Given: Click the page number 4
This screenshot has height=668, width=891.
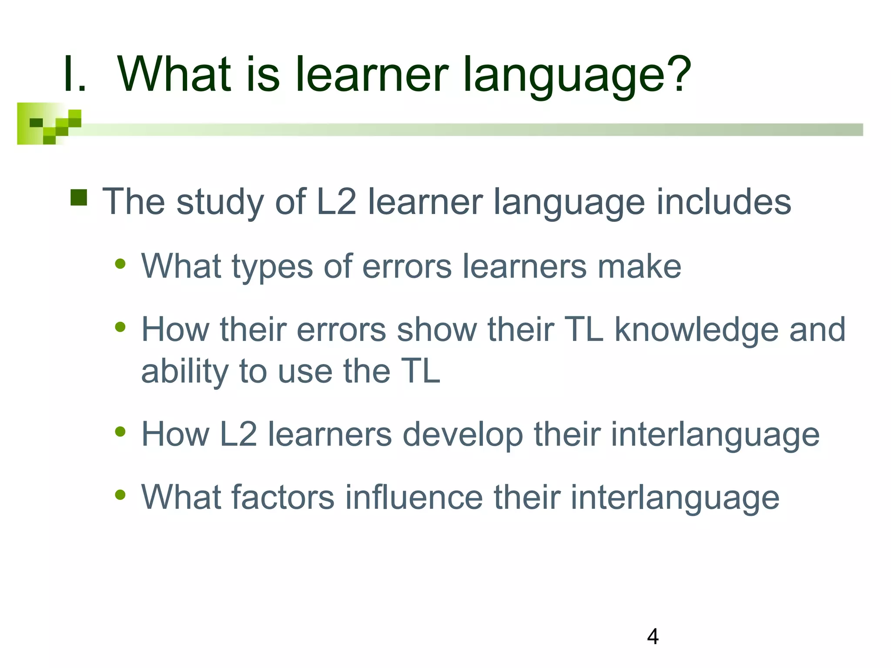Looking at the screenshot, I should [653, 637].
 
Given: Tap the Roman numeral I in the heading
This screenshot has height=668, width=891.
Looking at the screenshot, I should [70, 75].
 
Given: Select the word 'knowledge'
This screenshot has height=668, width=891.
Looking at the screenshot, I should [696, 330].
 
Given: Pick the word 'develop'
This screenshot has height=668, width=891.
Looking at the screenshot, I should [463, 435].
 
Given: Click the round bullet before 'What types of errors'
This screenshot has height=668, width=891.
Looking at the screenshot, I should [120, 264].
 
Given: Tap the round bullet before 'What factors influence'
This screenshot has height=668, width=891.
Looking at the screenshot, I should [120, 495].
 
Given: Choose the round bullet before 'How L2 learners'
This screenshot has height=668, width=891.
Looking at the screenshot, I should [120, 432].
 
